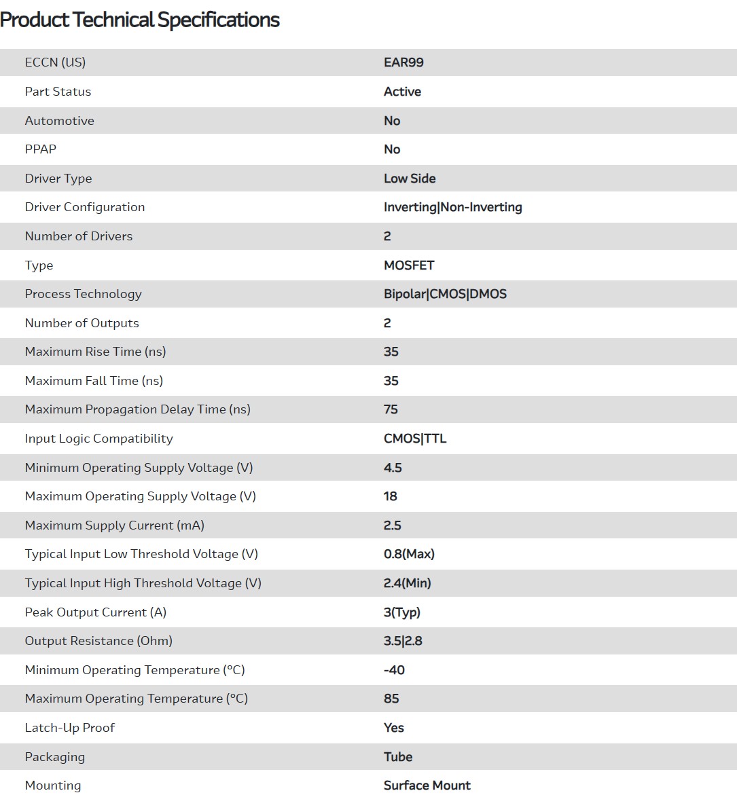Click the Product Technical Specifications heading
point(140,20)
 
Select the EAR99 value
point(403,62)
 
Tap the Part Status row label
point(58,92)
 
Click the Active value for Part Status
point(402,92)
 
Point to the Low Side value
point(410,179)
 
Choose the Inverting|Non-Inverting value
point(452,207)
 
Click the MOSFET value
point(409,265)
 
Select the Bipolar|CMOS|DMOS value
point(445,294)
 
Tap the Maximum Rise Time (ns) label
point(95,352)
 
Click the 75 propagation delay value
point(391,409)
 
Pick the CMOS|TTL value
point(415,439)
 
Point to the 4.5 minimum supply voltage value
point(393,468)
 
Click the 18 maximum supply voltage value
point(390,496)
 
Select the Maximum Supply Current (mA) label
point(114,525)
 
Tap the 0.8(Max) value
point(409,554)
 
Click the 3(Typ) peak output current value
point(402,612)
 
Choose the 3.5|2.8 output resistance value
point(403,641)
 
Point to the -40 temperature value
point(394,670)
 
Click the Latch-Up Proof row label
point(69,728)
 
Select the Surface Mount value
point(427,785)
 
